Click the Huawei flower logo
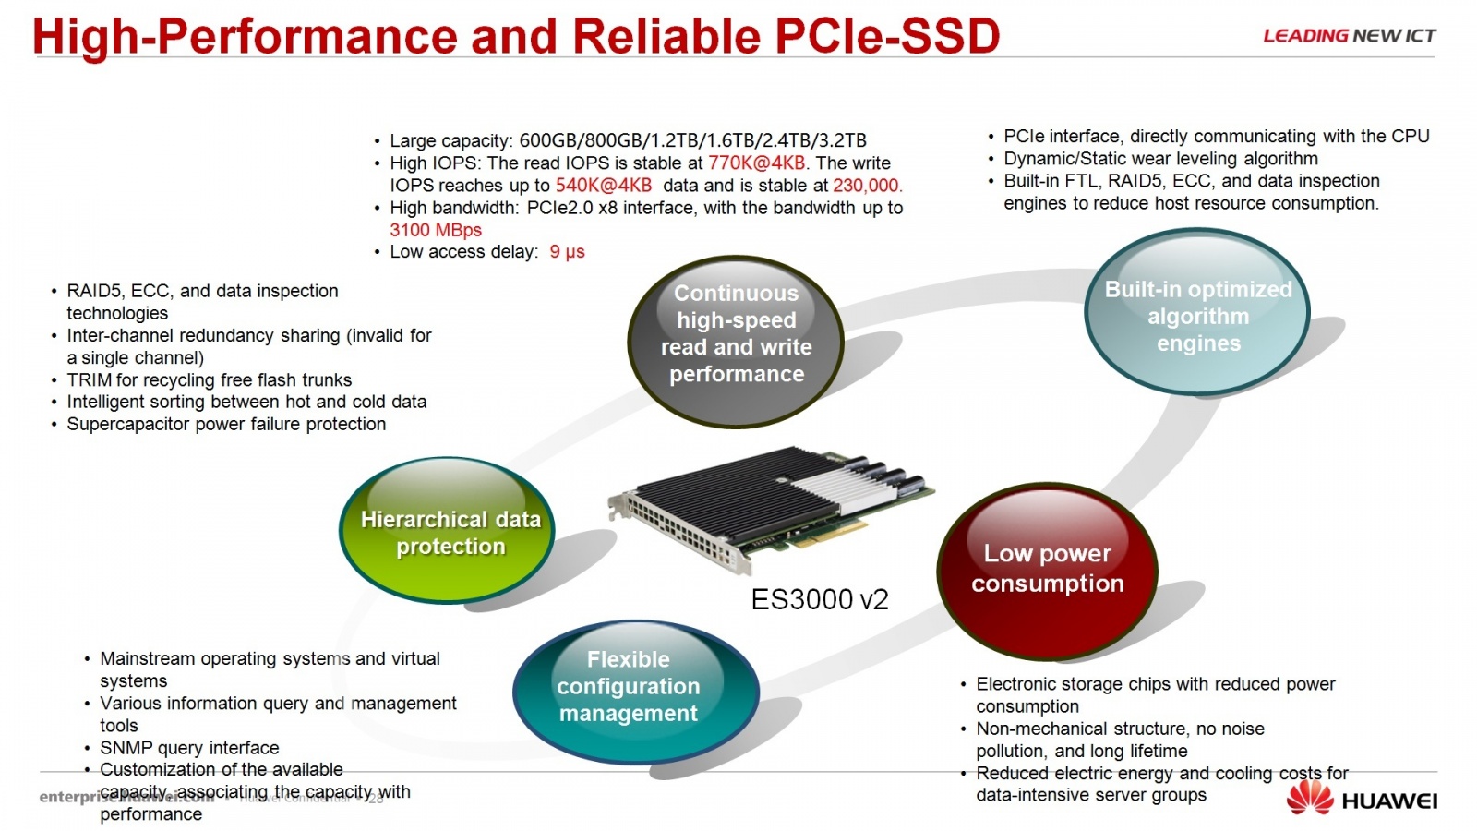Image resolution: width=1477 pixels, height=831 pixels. click(x=1310, y=798)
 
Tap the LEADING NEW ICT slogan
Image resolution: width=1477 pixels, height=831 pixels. click(x=1349, y=36)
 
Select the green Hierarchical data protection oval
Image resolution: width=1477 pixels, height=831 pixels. click(x=448, y=532)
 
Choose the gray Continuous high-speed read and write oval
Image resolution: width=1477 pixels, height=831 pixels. click(x=736, y=333)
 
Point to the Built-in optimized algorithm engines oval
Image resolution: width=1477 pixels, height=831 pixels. click(x=1197, y=315)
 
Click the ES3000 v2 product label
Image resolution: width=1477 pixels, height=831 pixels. click(x=819, y=600)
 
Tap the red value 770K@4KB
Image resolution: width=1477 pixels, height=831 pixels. click(x=756, y=163)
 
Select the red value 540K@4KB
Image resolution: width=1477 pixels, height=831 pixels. click(x=604, y=186)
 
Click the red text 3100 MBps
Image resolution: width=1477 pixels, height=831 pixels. click(x=436, y=230)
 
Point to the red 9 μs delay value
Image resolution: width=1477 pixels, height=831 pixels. click(x=567, y=252)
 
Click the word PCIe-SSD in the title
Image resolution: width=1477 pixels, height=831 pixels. click(x=887, y=37)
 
